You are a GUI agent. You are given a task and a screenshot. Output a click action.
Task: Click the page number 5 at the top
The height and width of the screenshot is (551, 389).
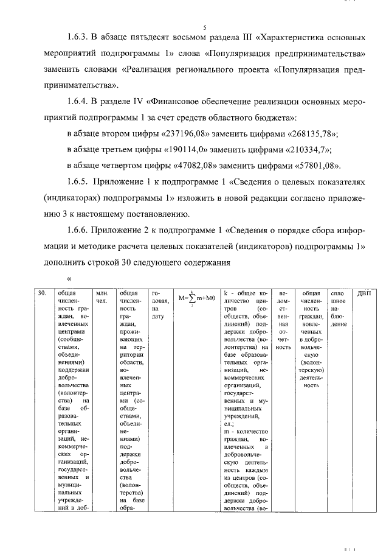(x=204, y=27)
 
